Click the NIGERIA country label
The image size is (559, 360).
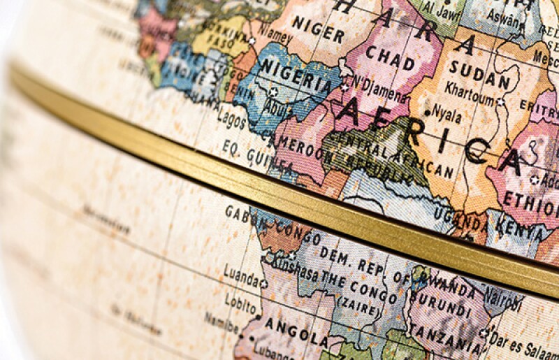(297, 77)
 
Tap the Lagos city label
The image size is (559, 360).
(231, 119)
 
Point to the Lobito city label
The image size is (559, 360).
(240, 301)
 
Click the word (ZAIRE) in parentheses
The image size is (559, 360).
(359, 302)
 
